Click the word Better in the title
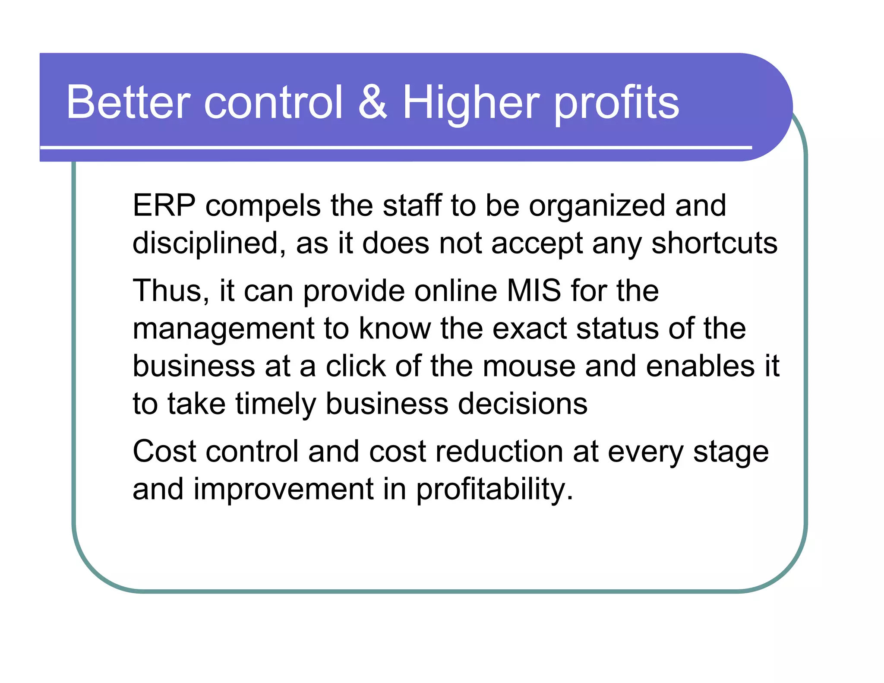pos(128,102)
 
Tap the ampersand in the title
pos(373,102)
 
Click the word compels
pos(263,206)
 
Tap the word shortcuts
pos(714,243)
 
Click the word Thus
pos(171,291)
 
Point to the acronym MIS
pos(534,291)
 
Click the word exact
pos(529,329)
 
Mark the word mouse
pos(529,367)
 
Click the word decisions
pos(522,404)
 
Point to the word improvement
pos(283,490)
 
